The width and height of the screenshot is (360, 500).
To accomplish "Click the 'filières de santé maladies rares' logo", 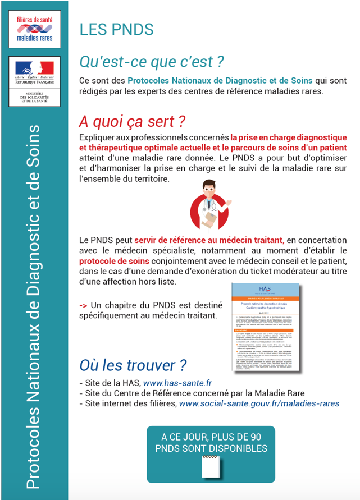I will click(x=34, y=28).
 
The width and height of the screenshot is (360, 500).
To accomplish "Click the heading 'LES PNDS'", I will click(x=116, y=30).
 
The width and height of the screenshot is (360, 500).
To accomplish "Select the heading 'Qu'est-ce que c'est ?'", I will click(x=152, y=61).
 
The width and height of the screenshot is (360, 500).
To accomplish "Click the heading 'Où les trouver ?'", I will click(x=133, y=365).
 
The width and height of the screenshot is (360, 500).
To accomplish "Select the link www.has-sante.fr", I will click(x=177, y=383).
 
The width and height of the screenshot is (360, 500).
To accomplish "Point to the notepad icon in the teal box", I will click(x=210, y=465).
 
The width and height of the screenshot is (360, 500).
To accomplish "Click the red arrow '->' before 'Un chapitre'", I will click(x=83, y=305).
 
